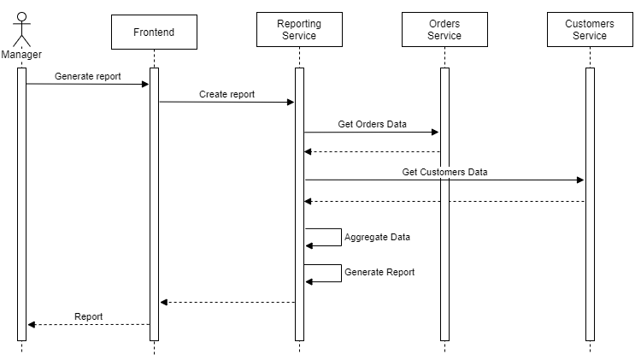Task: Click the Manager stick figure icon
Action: [21, 30]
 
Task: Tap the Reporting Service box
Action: [299, 30]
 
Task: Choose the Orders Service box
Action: [444, 30]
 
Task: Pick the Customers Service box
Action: [590, 30]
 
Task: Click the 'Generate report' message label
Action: [87, 76]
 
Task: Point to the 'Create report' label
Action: [226, 94]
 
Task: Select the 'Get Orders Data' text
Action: [372, 124]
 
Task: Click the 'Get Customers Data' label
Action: [444, 172]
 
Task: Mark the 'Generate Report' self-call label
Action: [379, 272]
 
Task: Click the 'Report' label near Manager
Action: [88, 316]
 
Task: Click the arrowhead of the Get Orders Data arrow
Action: [435, 133]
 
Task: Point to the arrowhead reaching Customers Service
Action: [580, 180]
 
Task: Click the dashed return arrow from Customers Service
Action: [444, 202]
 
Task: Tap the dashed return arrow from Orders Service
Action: [372, 152]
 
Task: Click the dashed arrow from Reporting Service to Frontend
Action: [227, 302]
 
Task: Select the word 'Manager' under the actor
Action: [21, 55]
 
